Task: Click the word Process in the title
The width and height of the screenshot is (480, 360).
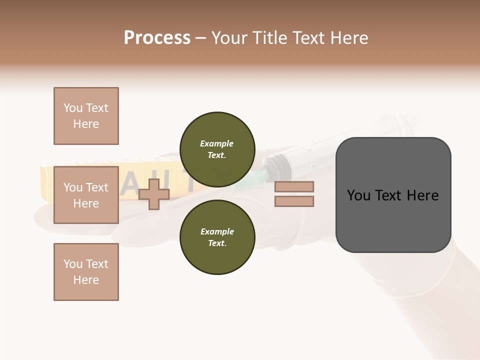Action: (157, 38)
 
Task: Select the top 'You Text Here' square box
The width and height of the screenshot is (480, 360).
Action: (86, 116)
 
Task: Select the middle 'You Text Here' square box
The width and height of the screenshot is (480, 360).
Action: (86, 195)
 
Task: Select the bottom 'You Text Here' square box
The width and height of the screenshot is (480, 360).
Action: (86, 272)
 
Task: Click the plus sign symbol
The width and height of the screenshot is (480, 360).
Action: (153, 194)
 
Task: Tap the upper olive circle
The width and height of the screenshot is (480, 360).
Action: (217, 149)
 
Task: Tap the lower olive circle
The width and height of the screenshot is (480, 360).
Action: (217, 237)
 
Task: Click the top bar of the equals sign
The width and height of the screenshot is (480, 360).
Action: (294, 187)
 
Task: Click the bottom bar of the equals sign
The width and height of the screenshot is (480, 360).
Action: (294, 201)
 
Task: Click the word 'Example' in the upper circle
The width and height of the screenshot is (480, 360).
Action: (217, 143)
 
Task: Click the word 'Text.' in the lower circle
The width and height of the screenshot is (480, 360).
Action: (217, 243)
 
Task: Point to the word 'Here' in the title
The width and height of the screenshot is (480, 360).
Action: (348, 38)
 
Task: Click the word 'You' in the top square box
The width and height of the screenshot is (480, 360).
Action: (72, 108)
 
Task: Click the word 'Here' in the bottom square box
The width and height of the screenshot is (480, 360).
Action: (86, 280)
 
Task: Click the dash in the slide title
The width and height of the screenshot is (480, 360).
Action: (201, 38)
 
